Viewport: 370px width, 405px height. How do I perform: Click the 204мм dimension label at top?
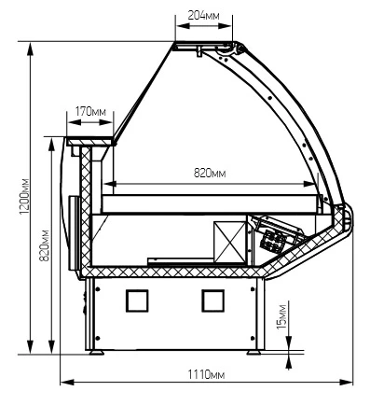(203, 15)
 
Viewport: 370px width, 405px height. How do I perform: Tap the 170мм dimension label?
(90, 111)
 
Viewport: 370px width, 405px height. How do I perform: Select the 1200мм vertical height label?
(24, 197)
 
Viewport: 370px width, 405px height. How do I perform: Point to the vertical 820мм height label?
(45, 245)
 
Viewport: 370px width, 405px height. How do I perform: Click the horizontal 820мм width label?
(210, 173)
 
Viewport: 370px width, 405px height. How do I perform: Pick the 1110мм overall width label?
(206, 375)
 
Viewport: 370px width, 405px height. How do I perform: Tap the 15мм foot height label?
(281, 316)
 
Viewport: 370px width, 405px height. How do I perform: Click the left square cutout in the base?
(137, 300)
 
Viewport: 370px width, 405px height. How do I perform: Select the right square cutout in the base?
(213, 300)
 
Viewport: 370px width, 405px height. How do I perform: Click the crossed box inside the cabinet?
(230, 243)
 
